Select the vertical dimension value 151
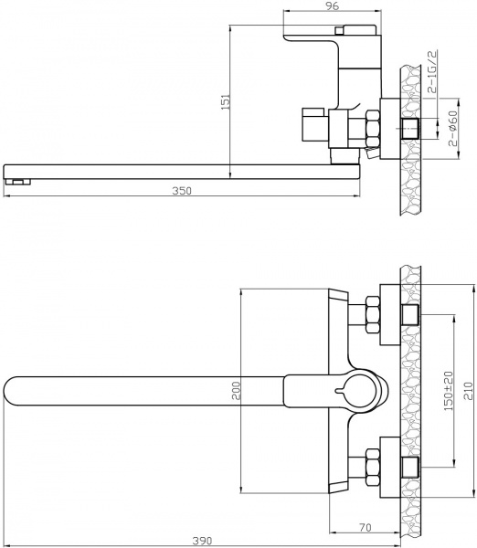click(x=224, y=102)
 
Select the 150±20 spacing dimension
click(x=448, y=393)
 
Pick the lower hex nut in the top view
click(x=374, y=467)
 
